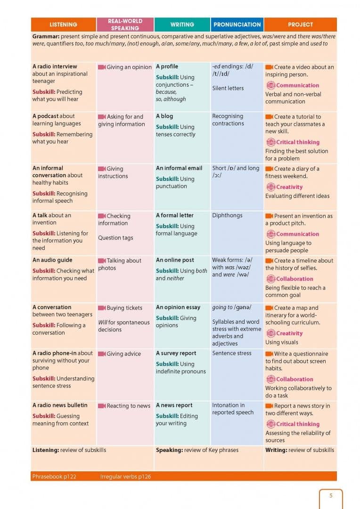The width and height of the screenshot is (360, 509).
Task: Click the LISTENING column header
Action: click(63, 25)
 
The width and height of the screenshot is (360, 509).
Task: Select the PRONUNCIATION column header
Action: click(237, 25)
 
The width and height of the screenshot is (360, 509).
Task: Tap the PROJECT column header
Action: click(300, 25)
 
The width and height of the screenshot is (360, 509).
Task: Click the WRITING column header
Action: click(182, 25)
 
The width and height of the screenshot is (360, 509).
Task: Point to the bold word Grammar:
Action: click(46, 36)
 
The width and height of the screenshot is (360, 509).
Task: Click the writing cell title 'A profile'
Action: click(167, 66)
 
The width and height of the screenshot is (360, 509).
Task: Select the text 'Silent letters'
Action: click(228, 88)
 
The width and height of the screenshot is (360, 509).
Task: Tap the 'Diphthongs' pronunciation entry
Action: click(227, 215)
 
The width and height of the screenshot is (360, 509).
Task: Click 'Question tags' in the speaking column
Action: click(115, 238)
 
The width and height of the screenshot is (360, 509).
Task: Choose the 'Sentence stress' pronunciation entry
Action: click(232, 353)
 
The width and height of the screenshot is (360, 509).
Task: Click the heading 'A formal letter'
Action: click(175, 215)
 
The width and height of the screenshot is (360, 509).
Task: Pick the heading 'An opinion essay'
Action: click(178, 307)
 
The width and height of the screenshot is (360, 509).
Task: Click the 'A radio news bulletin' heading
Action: click(60, 405)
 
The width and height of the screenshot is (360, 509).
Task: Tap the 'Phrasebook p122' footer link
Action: click(54, 476)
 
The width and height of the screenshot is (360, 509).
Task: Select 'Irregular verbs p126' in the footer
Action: click(126, 476)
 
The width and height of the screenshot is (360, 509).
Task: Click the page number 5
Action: click(331, 495)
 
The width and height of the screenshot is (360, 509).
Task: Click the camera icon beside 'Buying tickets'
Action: click(102, 308)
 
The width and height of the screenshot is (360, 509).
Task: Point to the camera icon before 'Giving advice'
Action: click(102, 354)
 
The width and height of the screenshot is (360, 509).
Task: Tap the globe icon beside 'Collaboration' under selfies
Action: click(271, 279)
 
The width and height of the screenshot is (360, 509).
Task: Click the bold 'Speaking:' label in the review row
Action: click(169, 450)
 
